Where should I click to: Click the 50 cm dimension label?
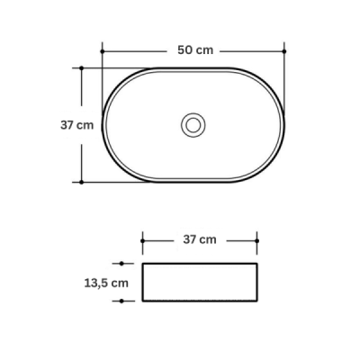[195, 50]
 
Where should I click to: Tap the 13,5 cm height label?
[106, 283]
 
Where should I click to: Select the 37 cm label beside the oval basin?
[77, 125]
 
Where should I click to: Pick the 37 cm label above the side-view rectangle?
[200, 239]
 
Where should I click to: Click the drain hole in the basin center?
[193, 125]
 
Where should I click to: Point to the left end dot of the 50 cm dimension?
[103, 51]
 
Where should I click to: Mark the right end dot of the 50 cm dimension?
[284, 51]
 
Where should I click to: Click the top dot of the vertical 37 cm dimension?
[81, 68]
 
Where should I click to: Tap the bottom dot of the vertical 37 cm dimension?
[81, 182]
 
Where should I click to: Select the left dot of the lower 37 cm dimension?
[142, 241]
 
